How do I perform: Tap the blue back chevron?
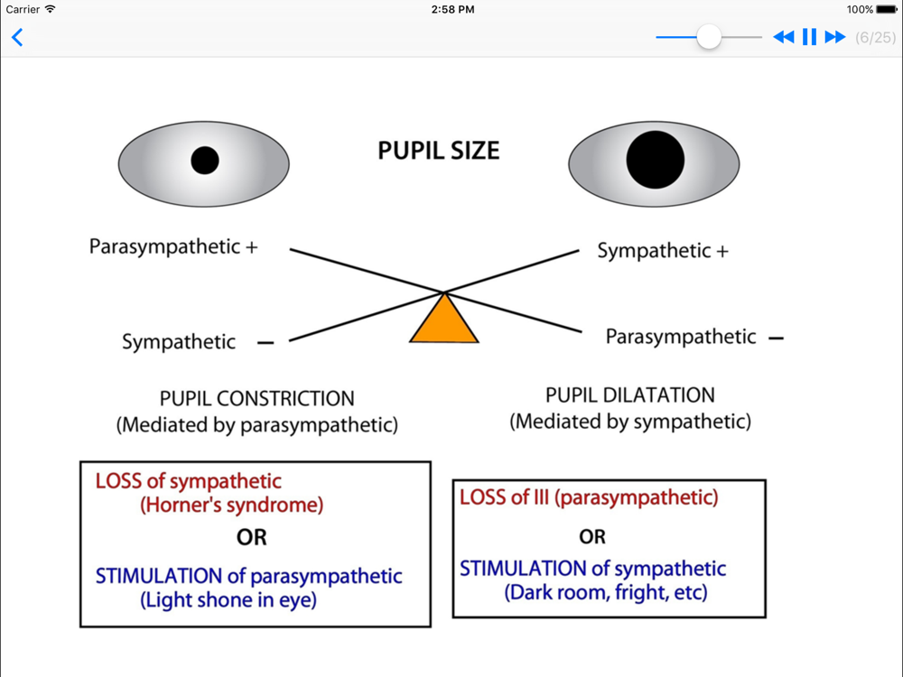coord(17,37)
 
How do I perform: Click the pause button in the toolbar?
coord(809,37)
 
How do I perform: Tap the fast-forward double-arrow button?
coord(835,37)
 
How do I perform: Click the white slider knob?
coord(709,37)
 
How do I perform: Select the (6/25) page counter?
coord(875,37)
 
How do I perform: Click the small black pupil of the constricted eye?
coord(205,161)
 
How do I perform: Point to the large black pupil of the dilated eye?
coord(656,159)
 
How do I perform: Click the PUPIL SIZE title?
coord(438,151)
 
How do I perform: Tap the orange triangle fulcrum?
coord(444,322)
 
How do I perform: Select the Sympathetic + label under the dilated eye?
coord(662,251)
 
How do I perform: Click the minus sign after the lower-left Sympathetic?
coord(265,343)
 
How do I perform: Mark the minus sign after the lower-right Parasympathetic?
coord(775,338)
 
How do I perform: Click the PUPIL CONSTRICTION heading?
coord(256,398)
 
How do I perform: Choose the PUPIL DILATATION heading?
coord(630,394)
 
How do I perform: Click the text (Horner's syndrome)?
coord(231,505)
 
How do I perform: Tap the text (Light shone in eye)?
coord(228,599)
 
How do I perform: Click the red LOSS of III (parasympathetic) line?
coord(589,496)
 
